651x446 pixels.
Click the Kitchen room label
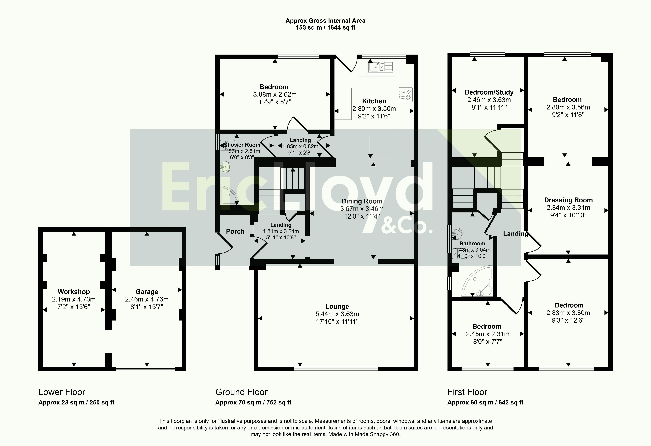point(374,101)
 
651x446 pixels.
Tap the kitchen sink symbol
point(381,67)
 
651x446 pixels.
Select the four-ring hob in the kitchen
point(405,94)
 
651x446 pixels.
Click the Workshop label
point(74,292)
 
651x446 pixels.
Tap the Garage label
point(147,292)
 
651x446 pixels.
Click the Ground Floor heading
point(242,392)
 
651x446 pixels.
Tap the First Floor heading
point(467,392)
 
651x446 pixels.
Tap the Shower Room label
point(242,145)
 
